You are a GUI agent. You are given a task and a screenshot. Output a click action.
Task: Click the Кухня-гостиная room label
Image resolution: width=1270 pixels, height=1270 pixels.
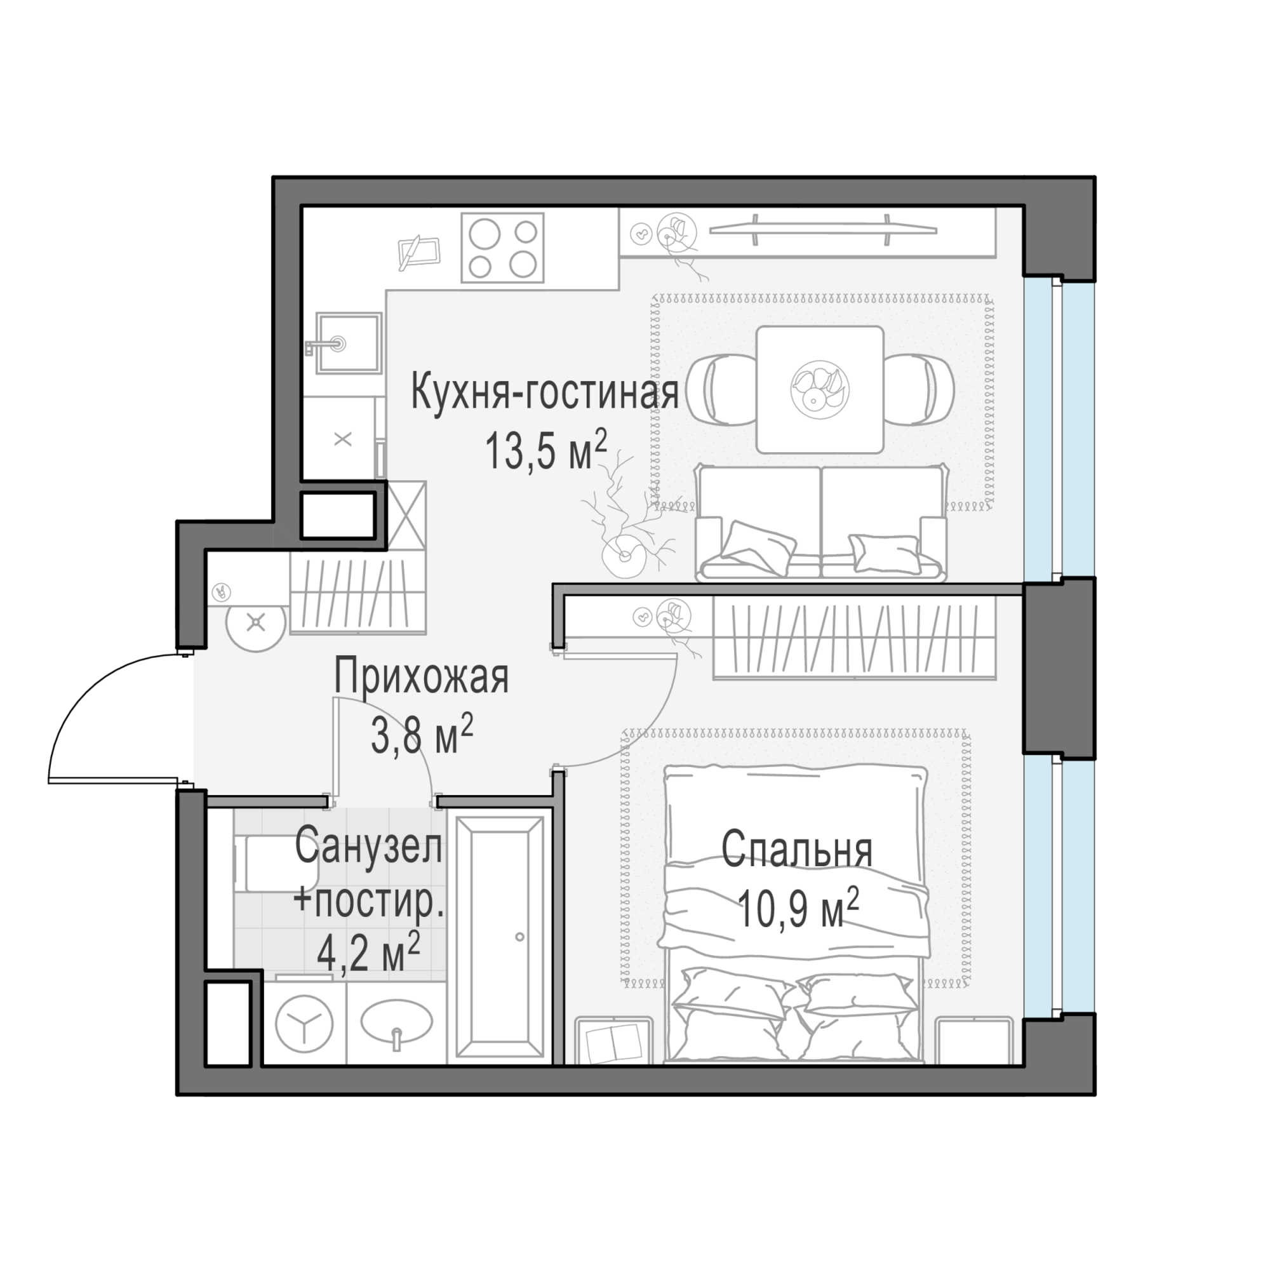[x=544, y=392]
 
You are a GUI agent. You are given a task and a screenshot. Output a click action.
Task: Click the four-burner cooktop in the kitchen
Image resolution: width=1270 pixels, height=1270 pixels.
[x=503, y=248]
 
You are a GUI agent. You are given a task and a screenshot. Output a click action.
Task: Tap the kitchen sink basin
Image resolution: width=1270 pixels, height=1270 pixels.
[x=349, y=342]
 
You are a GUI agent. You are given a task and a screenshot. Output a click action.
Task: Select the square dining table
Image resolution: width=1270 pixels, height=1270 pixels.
[x=819, y=390]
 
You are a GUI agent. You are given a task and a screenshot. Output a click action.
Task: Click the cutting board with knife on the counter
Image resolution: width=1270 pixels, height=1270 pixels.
[x=418, y=251]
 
